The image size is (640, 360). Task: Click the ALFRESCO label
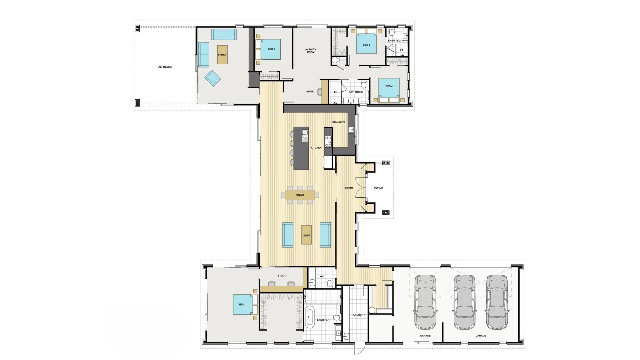click(x=165, y=67)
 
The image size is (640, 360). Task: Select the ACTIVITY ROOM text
click(x=311, y=51)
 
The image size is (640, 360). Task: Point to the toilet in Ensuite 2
click(x=392, y=33)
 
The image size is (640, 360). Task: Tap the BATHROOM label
click(x=355, y=92)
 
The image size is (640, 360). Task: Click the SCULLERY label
click(x=339, y=122)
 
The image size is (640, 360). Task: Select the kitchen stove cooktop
click(x=328, y=142)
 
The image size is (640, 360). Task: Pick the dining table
click(x=300, y=195)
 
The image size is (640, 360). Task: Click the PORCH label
click(x=379, y=188)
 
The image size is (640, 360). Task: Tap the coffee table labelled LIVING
click(x=306, y=235)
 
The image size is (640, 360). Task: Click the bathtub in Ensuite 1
click(x=310, y=317)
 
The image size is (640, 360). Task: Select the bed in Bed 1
click(x=245, y=304)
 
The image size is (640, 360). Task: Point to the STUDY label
click(x=282, y=276)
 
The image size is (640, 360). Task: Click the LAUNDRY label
click(x=359, y=315)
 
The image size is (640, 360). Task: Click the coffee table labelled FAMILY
click(x=222, y=55)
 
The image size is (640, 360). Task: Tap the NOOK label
click(x=310, y=92)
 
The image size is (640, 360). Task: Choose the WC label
click(x=322, y=277)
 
